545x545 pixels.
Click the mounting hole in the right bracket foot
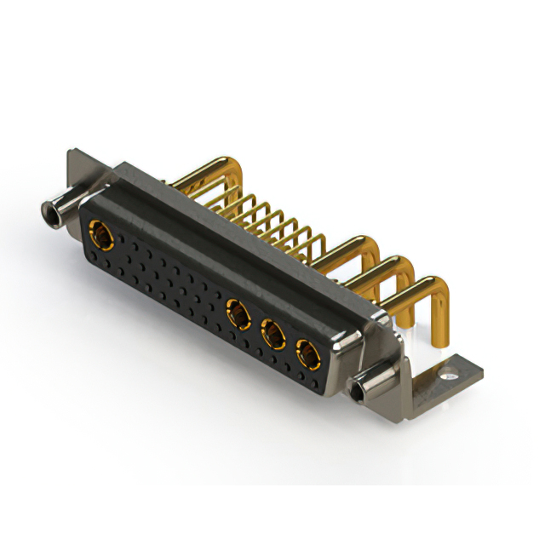coord(447,371)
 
